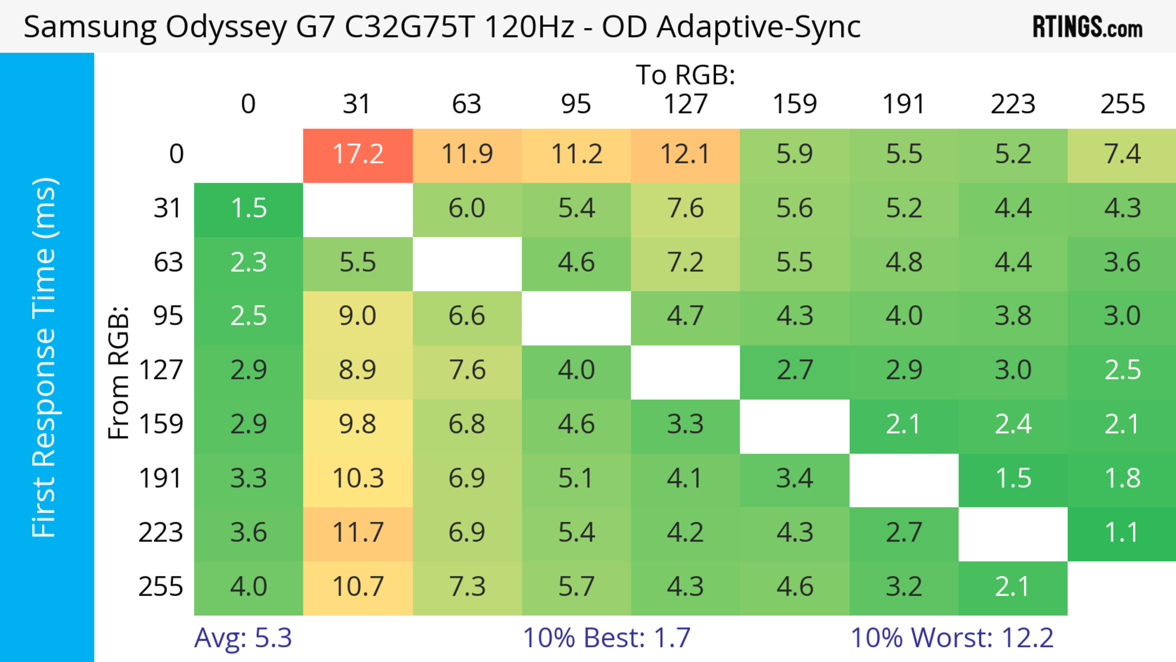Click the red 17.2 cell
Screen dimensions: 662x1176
[358, 154]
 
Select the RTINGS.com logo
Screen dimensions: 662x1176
[1087, 27]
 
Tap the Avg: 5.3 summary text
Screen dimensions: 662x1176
[243, 638]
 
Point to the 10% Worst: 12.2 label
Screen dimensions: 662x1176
[952, 638]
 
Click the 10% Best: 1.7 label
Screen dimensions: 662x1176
[606, 638]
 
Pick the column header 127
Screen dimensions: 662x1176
[685, 104]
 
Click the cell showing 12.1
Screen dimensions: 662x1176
[685, 154]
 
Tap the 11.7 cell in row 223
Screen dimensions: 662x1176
[358, 533]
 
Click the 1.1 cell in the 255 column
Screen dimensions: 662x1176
[1122, 533]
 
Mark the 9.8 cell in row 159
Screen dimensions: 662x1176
[358, 424]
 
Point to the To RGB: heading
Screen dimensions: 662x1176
[685, 75]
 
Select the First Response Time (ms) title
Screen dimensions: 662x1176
[44, 357]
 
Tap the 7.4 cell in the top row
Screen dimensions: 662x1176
[1122, 154]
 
